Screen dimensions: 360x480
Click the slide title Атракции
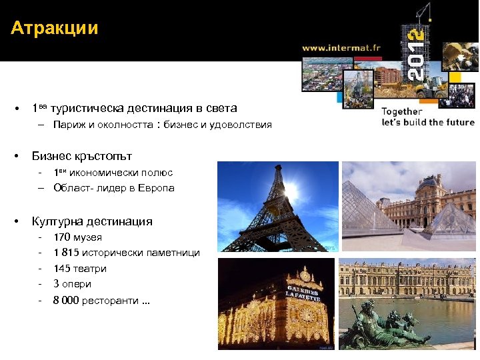pos(55,28)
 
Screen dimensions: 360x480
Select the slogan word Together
pos(402,111)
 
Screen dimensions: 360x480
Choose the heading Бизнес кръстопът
pos(82,156)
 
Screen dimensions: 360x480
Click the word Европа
pos(158,188)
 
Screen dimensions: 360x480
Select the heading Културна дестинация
pos(92,221)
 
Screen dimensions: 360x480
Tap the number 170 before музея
pos(62,237)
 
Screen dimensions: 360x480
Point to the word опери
pos(77,284)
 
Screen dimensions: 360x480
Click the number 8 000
pos(67,300)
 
